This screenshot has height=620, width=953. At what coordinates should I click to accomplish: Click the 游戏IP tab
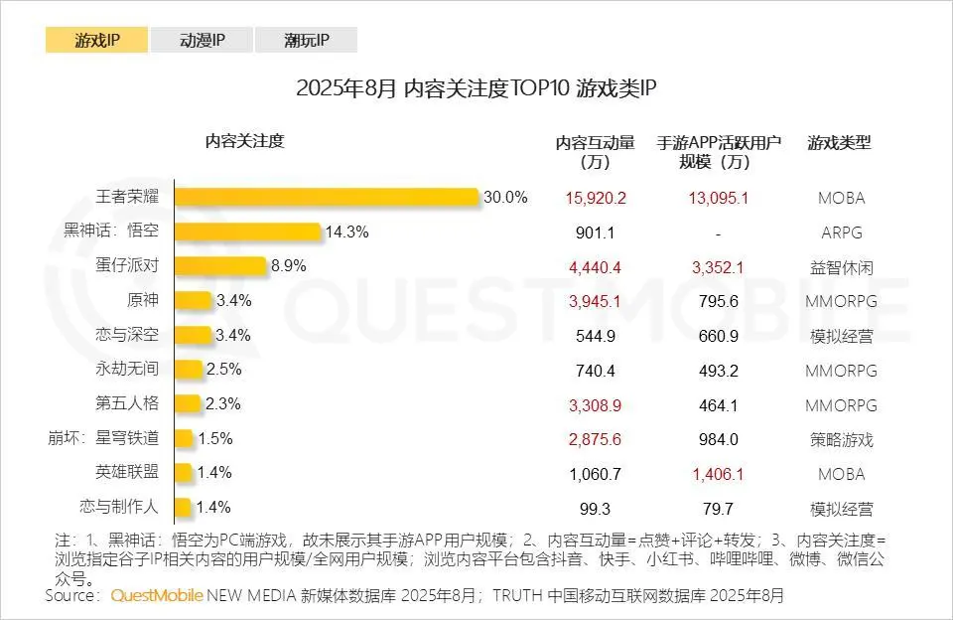pos(96,40)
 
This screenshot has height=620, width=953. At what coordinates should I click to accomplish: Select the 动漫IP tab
pos(202,40)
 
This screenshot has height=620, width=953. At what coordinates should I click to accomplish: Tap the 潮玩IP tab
pos(306,40)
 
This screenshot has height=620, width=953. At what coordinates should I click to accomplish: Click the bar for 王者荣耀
pos(327,197)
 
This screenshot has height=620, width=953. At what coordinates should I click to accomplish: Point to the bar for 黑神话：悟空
pos(248,232)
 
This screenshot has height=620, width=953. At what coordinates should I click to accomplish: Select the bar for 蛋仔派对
pos(220,266)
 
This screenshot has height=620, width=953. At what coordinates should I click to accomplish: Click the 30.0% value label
pos(505,197)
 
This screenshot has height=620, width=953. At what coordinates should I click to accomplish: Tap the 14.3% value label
pos(347,232)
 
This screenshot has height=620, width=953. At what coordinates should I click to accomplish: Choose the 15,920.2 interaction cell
pos(596,198)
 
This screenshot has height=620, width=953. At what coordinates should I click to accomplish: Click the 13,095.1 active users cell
pos(718,198)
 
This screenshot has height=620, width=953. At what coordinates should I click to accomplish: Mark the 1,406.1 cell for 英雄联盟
pos(718,474)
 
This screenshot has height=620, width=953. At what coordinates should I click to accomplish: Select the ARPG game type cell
pos(841,232)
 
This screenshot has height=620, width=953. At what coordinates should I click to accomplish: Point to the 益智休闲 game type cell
pos(841,267)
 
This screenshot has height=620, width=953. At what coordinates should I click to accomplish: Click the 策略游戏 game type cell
pos(841,439)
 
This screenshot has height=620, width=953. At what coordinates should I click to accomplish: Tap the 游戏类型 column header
pos(840,142)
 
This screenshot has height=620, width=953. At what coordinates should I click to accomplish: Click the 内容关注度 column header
pos(244,141)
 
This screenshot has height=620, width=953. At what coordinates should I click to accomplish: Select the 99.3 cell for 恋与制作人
pos(596,509)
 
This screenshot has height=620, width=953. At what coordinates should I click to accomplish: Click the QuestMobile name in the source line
pos(157,596)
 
